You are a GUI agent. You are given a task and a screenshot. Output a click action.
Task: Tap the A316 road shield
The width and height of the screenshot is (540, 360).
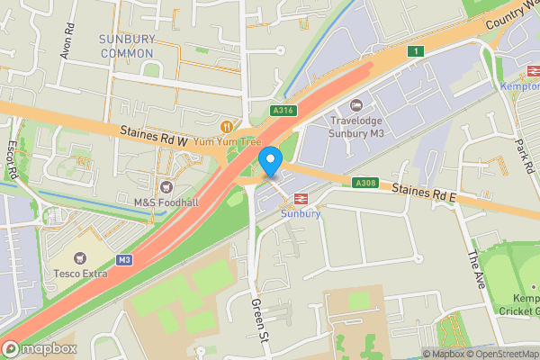pyautogui.click(x=283, y=111)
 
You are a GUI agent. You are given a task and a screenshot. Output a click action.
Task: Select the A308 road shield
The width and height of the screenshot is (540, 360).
pyautogui.click(x=365, y=184)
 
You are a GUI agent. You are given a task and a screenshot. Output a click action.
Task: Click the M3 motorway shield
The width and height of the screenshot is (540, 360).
pyautogui.click(x=124, y=259)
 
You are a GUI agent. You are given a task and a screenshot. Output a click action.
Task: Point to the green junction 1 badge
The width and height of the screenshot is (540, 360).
pyautogui.click(x=414, y=51)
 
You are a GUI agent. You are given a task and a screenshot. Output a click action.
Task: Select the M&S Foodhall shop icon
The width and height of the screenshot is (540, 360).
pyautogui.click(x=166, y=186)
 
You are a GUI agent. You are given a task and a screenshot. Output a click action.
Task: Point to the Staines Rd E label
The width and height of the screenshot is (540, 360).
pyautogui.click(x=424, y=192)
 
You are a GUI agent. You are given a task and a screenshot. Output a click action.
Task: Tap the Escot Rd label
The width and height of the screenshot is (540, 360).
pyautogui.click(x=13, y=158)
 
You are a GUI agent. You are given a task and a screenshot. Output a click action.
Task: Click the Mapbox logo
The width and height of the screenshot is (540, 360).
pyautogui.click(x=39, y=348)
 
